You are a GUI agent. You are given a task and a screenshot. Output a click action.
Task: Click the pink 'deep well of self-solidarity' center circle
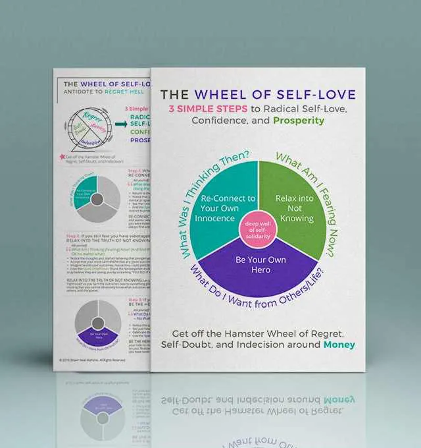tap(257, 231)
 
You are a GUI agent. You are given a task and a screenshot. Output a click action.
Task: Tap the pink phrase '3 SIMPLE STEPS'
tap(206, 107)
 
